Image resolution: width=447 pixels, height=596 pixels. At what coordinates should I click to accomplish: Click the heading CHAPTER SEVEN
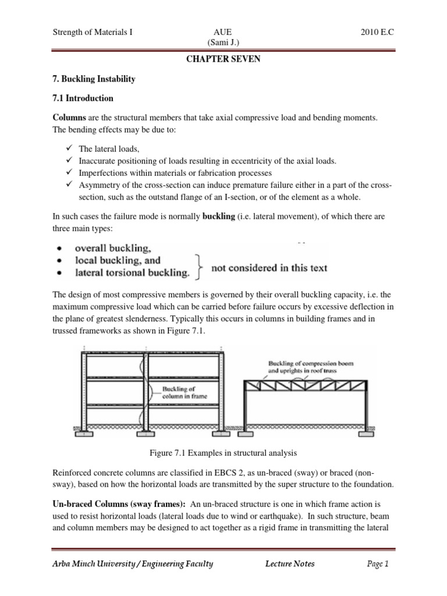223,60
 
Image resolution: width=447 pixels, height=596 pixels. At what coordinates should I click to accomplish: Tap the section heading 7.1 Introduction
82,98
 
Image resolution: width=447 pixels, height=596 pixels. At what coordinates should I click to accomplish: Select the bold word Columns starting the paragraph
70,118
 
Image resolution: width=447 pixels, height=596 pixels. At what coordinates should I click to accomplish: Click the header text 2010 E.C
377,33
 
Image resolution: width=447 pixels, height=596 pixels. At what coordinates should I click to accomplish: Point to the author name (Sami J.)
223,42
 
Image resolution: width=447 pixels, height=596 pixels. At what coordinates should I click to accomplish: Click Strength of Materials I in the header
93,33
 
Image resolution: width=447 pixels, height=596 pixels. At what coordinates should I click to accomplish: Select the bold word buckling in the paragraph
218,217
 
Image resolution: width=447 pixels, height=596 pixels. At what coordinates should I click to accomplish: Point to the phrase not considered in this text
269,268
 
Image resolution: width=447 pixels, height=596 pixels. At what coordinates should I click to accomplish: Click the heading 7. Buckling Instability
94,79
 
